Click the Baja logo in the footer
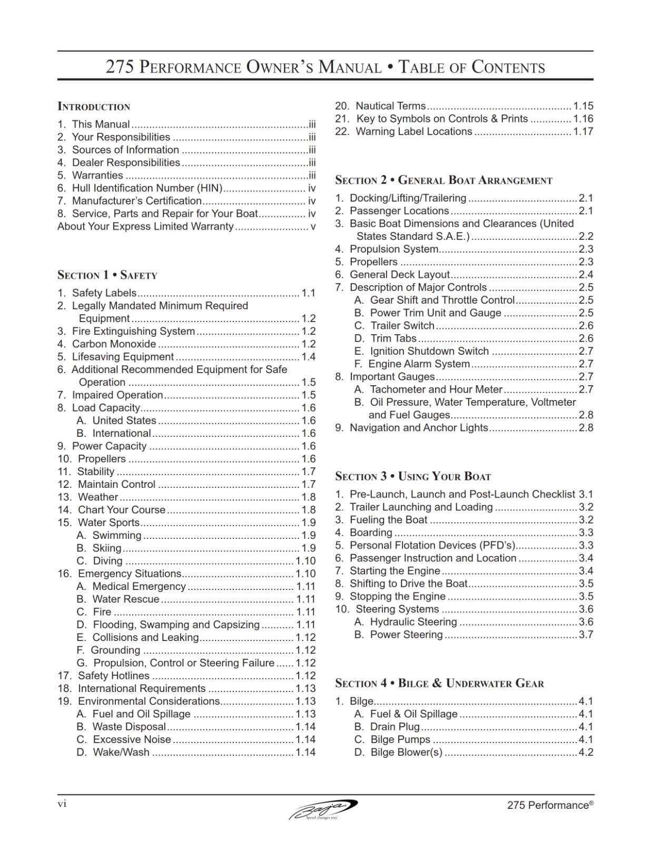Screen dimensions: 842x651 tap(323, 809)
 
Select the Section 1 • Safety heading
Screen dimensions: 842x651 tap(107, 275)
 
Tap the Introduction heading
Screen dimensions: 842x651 tap(94, 106)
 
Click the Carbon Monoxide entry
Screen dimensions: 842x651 tap(114, 344)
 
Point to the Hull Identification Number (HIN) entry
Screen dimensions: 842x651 tap(147, 188)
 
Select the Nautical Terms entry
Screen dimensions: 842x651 tap(390, 106)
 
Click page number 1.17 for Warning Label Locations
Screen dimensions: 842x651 tap(583, 132)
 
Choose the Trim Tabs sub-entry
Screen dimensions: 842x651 tap(393, 338)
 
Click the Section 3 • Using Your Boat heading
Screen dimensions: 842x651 tap(413, 476)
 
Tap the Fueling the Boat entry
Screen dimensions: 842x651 tap(388, 520)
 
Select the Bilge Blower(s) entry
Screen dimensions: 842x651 tap(406, 753)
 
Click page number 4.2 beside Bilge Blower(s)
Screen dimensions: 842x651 tap(586, 753)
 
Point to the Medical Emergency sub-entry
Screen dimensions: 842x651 tap(139, 586)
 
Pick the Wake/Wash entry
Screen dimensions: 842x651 tap(121, 753)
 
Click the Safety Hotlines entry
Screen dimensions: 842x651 tap(113, 676)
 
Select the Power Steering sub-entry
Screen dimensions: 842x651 tap(406, 635)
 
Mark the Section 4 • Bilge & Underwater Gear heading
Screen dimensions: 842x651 tap(439, 683)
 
